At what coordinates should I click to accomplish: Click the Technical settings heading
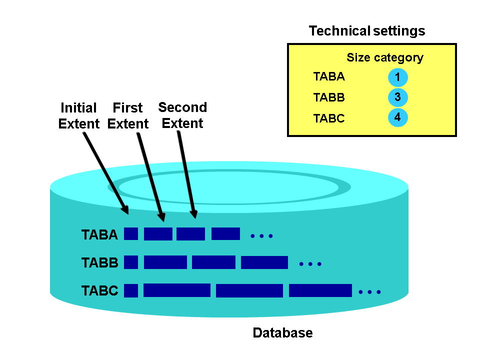point(367,31)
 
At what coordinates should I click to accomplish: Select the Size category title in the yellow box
point(385,57)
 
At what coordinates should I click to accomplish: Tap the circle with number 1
point(397,77)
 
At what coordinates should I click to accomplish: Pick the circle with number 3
point(397,97)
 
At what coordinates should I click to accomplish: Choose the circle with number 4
point(397,118)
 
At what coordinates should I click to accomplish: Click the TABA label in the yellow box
point(329,77)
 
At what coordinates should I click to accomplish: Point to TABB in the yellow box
point(329,97)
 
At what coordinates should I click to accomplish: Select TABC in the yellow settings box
point(329,118)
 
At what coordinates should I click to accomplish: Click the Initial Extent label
point(79,115)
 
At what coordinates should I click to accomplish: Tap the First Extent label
point(128,115)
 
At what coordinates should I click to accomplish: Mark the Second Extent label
point(182,115)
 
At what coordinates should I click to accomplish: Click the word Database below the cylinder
point(282,333)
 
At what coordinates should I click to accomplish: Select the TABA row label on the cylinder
point(99,234)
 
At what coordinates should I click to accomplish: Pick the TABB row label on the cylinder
point(99,262)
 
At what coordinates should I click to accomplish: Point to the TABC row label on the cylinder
point(99,290)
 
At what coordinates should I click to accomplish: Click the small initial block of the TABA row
point(131,233)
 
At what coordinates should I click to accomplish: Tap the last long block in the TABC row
point(320,290)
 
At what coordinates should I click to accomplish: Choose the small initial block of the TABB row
point(131,262)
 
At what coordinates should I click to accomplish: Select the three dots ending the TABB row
point(310,263)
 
